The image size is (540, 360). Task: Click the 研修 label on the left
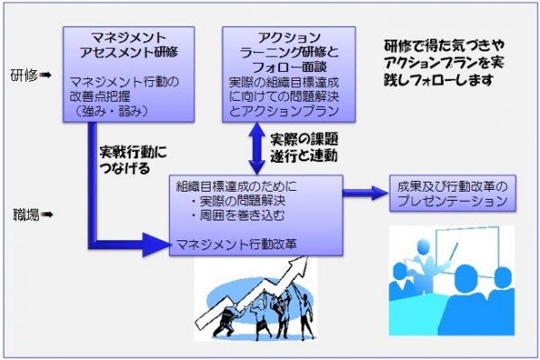23,75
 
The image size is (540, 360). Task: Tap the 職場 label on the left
26,215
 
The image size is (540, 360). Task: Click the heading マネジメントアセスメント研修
129,44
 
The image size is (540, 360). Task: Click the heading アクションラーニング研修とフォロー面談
289,52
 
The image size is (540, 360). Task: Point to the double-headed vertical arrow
256,148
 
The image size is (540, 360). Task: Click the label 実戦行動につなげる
132,160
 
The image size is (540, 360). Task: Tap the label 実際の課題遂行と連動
304,148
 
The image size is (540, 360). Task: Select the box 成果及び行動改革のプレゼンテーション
453,193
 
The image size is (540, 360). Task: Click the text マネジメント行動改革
237,244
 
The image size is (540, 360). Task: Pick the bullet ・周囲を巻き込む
238,216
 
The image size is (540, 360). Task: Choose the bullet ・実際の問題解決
238,201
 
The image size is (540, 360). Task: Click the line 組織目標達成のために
236,186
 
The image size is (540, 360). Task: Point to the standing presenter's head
423,247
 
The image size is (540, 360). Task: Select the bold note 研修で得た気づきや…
444,63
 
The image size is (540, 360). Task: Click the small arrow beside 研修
46,75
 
